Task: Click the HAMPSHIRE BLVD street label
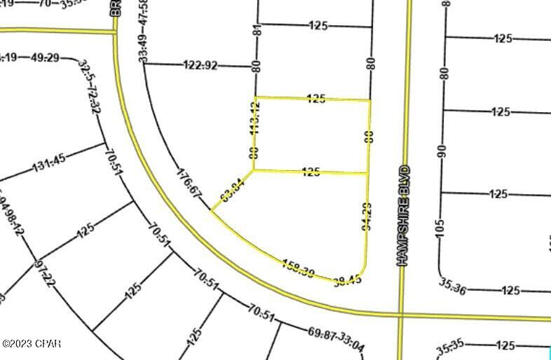402,215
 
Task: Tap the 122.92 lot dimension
200,66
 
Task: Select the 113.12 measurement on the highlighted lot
255,118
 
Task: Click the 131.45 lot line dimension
49,165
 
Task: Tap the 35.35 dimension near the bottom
452,347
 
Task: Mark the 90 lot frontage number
442,151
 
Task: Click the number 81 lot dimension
257,32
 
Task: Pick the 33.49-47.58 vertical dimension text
144,32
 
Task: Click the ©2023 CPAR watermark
32,344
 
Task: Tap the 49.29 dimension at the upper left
45,57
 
